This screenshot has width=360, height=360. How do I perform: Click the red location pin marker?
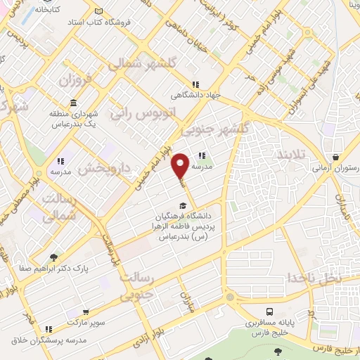(x=181, y=166)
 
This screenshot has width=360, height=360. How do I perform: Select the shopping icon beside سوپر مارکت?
(x=86, y=312)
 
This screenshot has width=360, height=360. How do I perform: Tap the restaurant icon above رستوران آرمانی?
(x=339, y=157)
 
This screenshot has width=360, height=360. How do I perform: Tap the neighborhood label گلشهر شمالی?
(x=136, y=65)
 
